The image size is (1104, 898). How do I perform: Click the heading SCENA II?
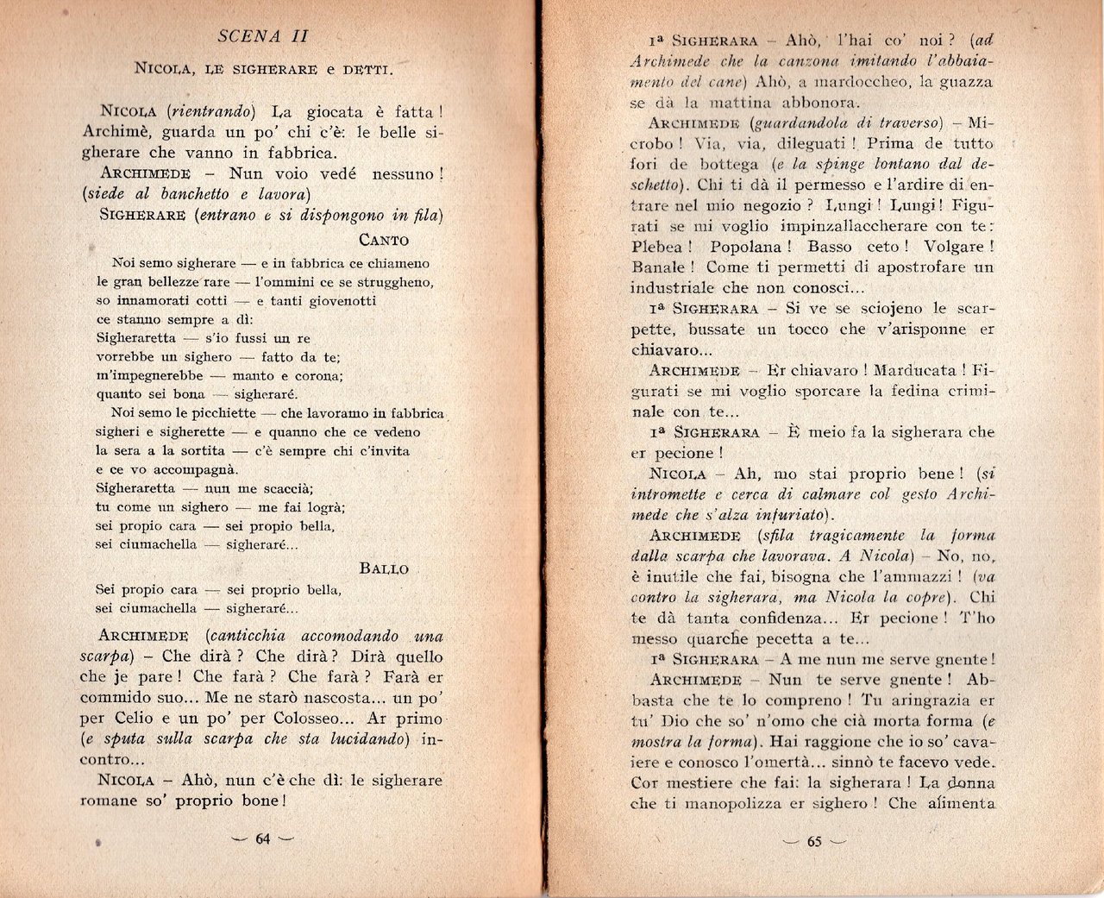tap(263, 36)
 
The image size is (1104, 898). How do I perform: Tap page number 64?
tap(263, 838)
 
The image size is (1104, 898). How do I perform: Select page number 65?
tap(813, 841)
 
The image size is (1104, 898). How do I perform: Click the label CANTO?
tap(383, 241)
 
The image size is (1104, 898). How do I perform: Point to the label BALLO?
tap(384, 569)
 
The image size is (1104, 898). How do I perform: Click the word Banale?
tap(657, 267)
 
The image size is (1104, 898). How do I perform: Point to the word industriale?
tap(670, 288)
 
